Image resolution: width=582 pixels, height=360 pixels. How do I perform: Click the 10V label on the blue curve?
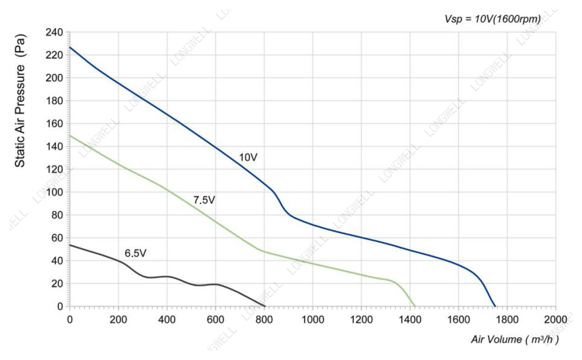click(x=248, y=157)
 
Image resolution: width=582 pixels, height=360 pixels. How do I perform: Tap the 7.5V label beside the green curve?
click(x=204, y=200)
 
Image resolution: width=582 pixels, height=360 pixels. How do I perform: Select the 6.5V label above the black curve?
click(x=136, y=253)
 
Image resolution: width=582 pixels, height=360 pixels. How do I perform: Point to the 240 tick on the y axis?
click(x=54, y=32)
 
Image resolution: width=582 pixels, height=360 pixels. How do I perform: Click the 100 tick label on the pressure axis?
click(x=54, y=192)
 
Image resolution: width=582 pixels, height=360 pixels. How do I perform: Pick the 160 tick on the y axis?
click(x=54, y=124)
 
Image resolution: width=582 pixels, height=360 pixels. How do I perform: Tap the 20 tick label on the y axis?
click(x=57, y=284)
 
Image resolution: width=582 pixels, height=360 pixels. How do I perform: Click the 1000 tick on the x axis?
click(x=312, y=319)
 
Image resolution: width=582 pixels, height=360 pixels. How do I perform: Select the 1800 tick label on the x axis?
click(x=507, y=319)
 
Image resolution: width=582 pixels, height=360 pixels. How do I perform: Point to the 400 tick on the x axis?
click(x=167, y=319)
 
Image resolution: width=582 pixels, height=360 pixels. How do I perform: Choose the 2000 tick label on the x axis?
click(x=556, y=319)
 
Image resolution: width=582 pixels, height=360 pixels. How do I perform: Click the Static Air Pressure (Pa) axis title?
click(x=20, y=101)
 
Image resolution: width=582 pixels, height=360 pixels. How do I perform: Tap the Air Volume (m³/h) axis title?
click(x=515, y=339)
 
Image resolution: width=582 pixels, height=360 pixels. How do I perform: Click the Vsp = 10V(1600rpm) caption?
click(x=493, y=19)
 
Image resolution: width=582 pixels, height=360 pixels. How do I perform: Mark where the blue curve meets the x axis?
click(x=495, y=306)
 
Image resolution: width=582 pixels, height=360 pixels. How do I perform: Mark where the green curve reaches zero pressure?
click(x=415, y=306)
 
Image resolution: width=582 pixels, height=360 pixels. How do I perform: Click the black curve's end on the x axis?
click(x=265, y=306)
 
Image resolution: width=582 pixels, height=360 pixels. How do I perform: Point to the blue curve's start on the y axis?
click(x=70, y=47)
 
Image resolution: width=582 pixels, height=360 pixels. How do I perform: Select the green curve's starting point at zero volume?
click(x=70, y=135)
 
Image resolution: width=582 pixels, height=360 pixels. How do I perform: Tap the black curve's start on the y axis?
click(x=70, y=245)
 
